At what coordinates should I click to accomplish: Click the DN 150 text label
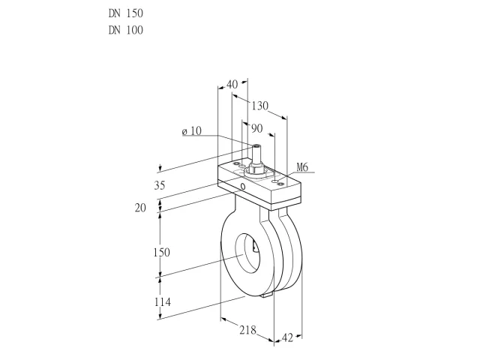(125, 13)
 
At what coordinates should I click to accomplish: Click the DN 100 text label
(125, 30)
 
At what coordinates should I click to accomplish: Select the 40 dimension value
(232, 84)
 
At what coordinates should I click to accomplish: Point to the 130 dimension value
(260, 106)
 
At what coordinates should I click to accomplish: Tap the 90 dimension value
(256, 128)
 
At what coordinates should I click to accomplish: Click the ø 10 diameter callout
(192, 131)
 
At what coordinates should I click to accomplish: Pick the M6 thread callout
(302, 167)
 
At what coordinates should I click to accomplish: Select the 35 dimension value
(160, 185)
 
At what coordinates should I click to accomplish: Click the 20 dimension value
(140, 208)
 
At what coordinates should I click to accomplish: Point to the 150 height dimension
(162, 252)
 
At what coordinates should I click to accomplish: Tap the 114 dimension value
(162, 302)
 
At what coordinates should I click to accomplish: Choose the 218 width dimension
(247, 330)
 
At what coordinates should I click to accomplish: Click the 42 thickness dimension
(287, 338)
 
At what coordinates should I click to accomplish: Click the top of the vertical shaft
(256, 146)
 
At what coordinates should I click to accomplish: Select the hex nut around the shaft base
(255, 168)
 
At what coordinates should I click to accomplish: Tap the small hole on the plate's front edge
(243, 186)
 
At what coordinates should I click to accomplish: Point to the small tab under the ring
(267, 295)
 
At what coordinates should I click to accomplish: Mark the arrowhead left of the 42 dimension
(277, 340)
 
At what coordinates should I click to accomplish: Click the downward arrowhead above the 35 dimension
(160, 169)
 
